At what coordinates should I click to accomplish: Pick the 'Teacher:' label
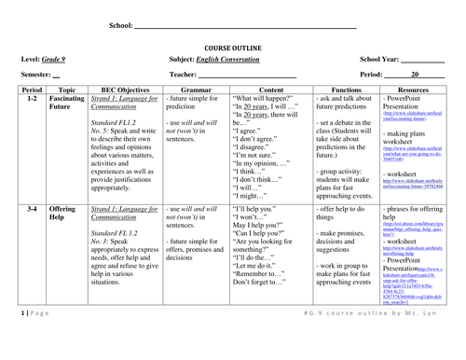pyautogui.click(x=183, y=73)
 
